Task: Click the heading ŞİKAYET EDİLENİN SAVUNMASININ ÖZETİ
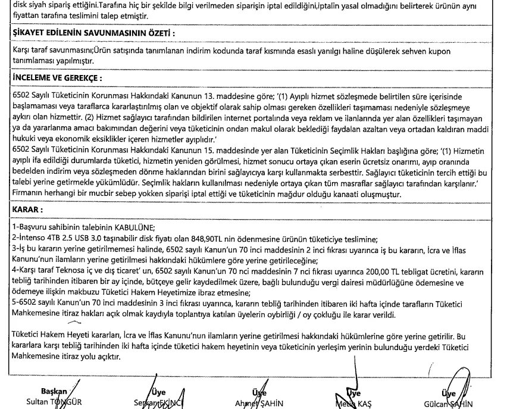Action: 89,33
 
